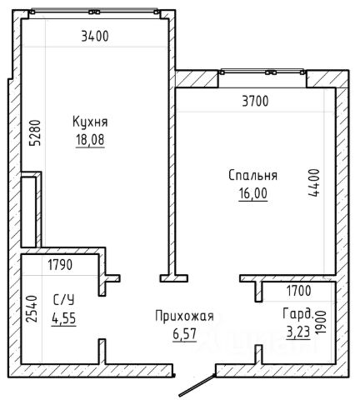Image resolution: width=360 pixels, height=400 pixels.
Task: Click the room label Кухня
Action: [x=90, y=122]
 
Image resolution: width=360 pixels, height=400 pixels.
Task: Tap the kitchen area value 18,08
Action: [x=90, y=139]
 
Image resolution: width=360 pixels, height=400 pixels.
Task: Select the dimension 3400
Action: [x=95, y=36]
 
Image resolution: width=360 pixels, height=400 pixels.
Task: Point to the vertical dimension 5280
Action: [x=36, y=132]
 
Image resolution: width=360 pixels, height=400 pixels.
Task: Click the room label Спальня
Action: [x=252, y=176]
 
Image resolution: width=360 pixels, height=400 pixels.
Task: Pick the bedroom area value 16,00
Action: [x=253, y=193]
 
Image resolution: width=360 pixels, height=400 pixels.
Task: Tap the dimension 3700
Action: [x=255, y=101]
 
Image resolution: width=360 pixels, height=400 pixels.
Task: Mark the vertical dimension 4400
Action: [x=314, y=182]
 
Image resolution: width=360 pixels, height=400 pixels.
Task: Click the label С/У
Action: [x=63, y=300]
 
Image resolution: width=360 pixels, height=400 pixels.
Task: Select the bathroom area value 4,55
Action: [x=63, y=318]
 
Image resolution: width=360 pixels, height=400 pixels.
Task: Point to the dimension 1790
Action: [x=60, y=265]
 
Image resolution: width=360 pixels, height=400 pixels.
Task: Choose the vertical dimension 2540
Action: [x=32, y=308]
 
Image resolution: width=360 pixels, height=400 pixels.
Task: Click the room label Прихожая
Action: [x=184, y=317]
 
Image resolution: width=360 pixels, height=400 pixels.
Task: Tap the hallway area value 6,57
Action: [x=185, y=334]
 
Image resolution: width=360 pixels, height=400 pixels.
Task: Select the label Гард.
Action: [x=298, y=314]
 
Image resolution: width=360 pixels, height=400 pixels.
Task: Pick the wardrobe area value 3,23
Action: [x=298, y=332]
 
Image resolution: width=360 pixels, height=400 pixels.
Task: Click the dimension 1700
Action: [x=299, y=291]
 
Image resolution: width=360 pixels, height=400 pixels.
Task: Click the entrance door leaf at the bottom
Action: [x=197, y=385]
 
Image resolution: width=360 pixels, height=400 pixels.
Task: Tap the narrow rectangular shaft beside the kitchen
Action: [x=28, y=212]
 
